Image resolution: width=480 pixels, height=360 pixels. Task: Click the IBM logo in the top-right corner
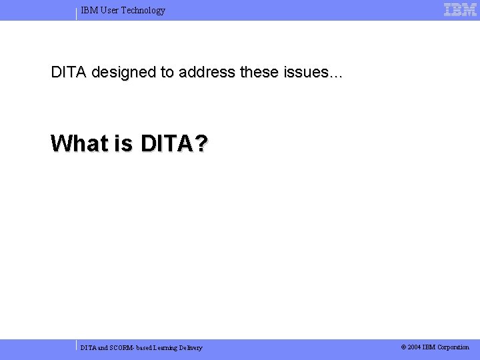pos(460,10)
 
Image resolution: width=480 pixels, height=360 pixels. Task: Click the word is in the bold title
pos(123,143)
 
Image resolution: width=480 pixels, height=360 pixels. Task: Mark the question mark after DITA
pos(200,143)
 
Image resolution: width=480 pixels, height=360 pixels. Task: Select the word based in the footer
pos(145,348)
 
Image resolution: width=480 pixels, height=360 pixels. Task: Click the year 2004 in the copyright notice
pos(415,347)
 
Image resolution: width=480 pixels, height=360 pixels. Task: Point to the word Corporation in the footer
pos(453,347)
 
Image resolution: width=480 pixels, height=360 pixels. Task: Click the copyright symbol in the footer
pos(403,347)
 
